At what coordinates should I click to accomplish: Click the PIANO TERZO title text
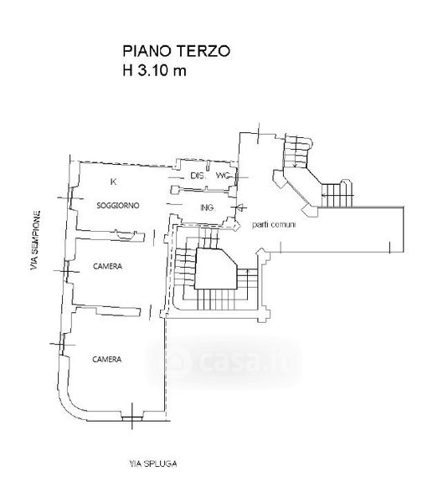point(176,51)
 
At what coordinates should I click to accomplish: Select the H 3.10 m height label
point(154,70)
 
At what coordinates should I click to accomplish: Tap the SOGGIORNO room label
point(118,205)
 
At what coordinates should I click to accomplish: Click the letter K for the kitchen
point(113,182)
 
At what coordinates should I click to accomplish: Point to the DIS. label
point(198,176)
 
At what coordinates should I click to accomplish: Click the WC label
point(224,176)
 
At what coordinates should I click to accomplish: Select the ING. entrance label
point(208,207)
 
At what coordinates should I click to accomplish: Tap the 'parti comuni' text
point(274,224)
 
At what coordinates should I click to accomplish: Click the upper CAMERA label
point(108,266)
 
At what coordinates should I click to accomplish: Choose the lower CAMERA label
point(107,359)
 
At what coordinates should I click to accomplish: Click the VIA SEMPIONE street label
point(35,240)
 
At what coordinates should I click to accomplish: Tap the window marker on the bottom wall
point(132,417)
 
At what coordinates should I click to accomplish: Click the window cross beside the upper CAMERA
point(67,272)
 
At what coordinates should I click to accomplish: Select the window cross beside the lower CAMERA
point(62,345)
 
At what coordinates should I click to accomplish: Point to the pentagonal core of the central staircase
point(214,269)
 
